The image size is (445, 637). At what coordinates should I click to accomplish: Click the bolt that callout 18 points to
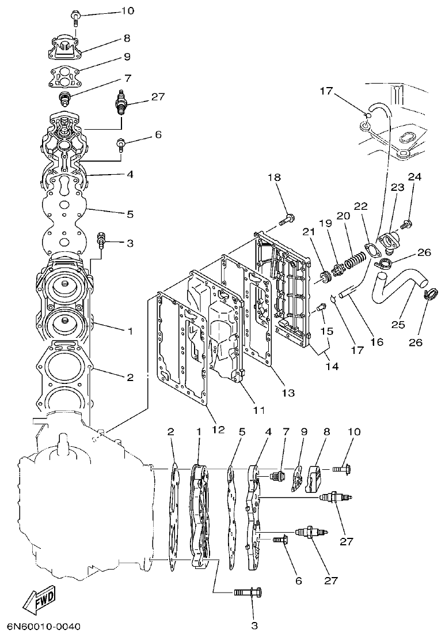click(287, 219)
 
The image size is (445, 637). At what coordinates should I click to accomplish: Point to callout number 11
click(258, 410)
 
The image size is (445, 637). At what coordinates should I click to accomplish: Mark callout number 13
click(288, 393)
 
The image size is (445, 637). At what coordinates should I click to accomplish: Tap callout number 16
click(376, 341)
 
